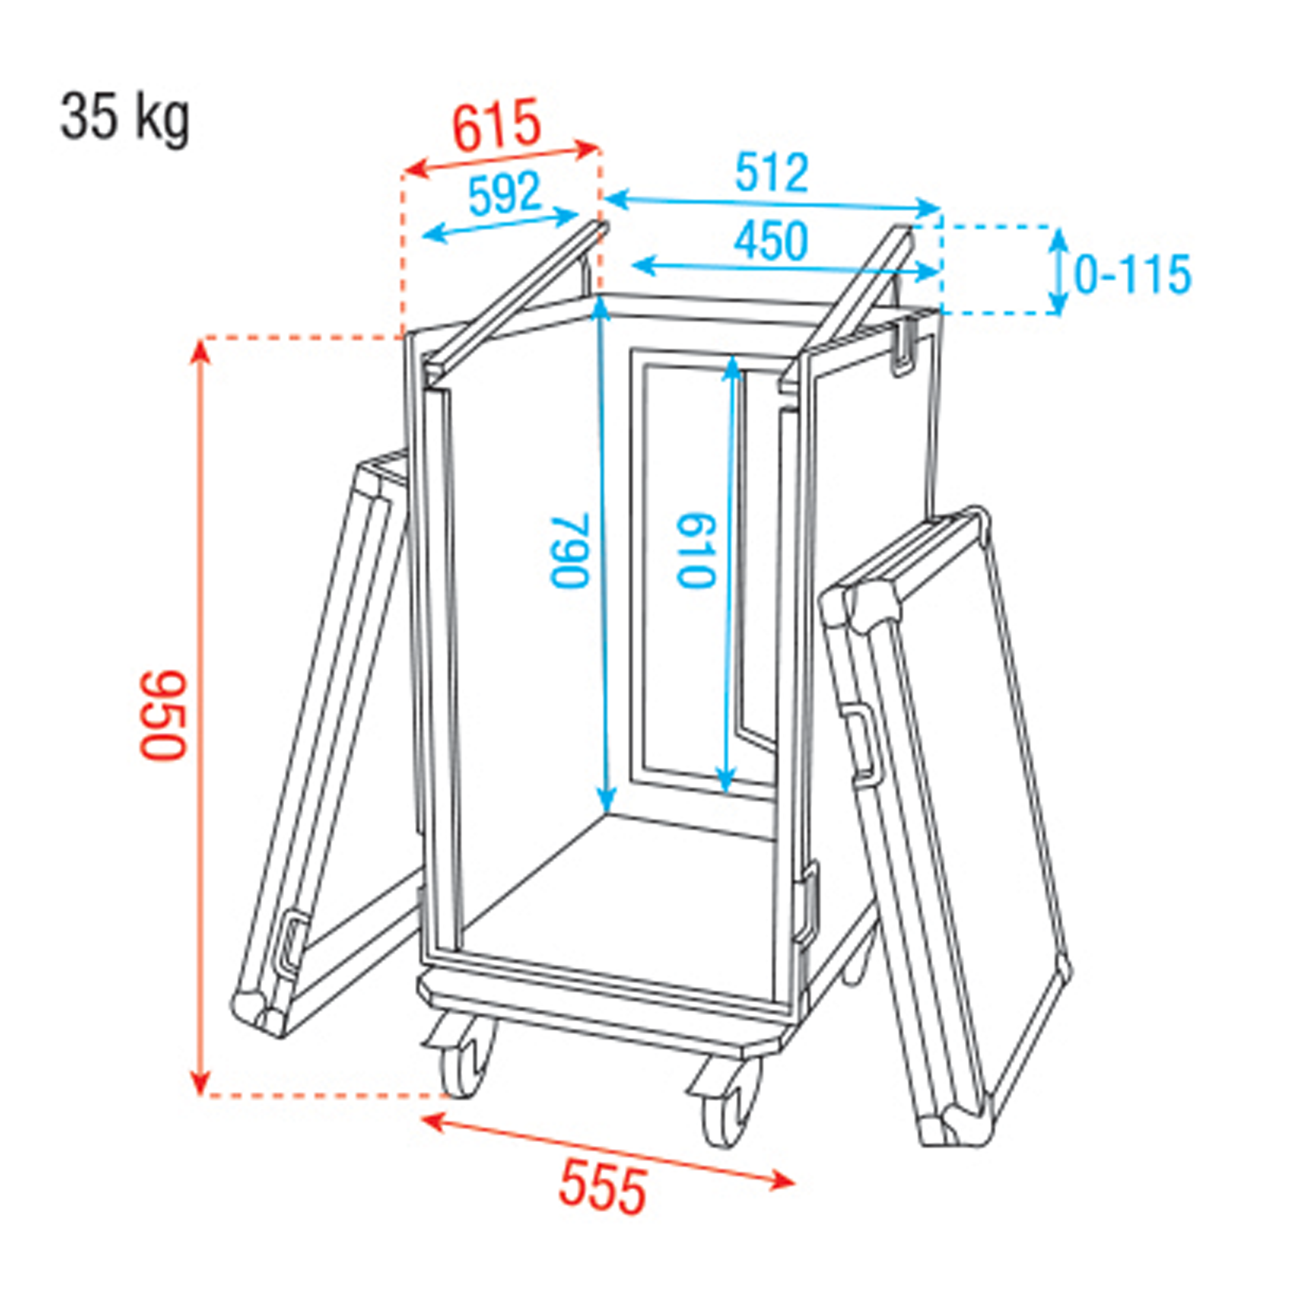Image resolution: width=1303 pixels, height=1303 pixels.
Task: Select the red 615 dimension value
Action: point(497,126)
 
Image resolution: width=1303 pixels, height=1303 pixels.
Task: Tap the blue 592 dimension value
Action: point(505,193)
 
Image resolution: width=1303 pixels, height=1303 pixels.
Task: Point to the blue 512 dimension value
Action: point(771,173)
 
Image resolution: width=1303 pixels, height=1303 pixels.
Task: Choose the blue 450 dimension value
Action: point(771,241)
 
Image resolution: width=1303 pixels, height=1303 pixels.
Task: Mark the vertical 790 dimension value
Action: point(571,551)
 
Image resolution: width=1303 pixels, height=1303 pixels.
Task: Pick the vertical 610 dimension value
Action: point(695,551)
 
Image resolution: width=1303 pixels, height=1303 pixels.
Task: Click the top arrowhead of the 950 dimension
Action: point(199,351)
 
